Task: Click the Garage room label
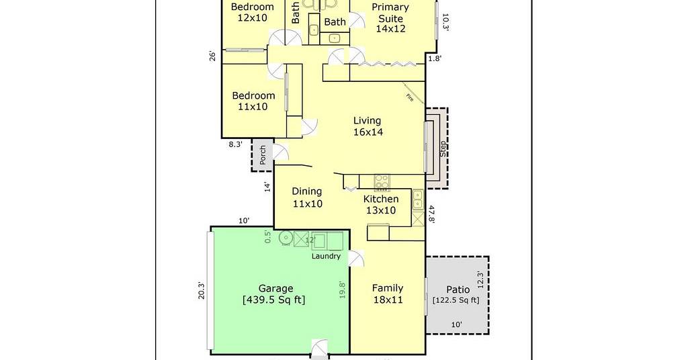click(x=275, y=294)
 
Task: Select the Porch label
click(x=263, y=155)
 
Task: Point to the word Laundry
click(x=326, y=256)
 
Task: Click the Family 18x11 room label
click(x=388, y=294)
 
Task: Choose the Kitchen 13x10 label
click(x=381, y=204)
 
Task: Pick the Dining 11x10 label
click(x=307, y=197)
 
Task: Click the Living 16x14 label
click(x=368, y=126)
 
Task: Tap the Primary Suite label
click(x=390, y=18)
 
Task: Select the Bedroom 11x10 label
click(x=253, y=101)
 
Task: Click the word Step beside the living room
click(x=443, y=148)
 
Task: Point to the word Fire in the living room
click(x=410, y=98)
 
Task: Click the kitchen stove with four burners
click(x=382, y=183)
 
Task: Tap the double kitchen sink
click(x=418, y=199)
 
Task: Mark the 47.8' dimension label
click(x=431, y=214)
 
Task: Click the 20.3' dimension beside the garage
click(x=202, y=290)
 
